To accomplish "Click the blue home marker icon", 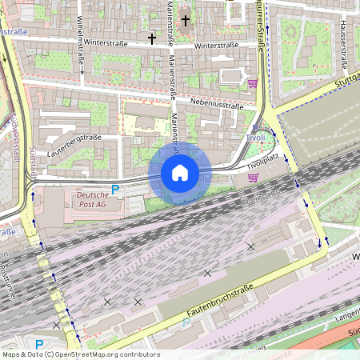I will pyautogui.click(x=180, y=173).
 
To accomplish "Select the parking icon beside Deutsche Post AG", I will pyautogui.click(x=114, y=190).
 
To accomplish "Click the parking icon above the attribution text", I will pyautogui.click(x=39, y=344).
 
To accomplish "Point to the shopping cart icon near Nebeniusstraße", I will pyautogui.click(x=253, y=83).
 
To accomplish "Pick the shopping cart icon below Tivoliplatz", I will pyautogui.click(x=253, y=178).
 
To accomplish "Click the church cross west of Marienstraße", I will pyautogui.click(x=152, y=38).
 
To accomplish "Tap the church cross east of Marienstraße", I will pyautogui.click(x=186, y=20).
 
